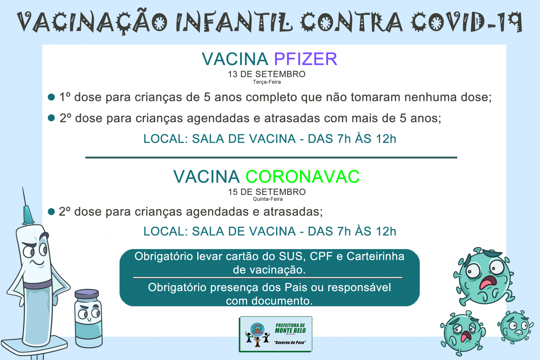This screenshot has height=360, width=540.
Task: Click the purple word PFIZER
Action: click(x=305, y=59)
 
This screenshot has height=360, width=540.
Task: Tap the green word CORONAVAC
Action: click(x=302, y=177)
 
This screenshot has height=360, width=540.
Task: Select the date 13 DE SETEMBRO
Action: click(x=267, y=74)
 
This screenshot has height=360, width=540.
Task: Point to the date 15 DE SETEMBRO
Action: click(x=267, y=192)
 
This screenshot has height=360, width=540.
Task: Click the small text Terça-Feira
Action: click(x=267, y=82)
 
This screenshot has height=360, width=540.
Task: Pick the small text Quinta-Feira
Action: click(x=268, y=199)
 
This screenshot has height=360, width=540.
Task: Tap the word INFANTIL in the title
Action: click(x=234, y=22)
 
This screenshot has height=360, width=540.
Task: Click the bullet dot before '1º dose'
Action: click(x=51, y=97)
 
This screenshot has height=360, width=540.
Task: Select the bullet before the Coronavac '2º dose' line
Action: click(x=51, y=212)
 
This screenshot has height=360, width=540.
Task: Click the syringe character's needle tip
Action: click(x=23, y=187)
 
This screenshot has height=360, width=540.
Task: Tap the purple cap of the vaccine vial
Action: click(x=87, y=294)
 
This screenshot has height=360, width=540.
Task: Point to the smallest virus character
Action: click(x=515, y=327)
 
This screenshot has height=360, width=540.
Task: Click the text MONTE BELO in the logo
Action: click(x=291, y=331)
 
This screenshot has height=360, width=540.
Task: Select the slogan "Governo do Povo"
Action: click(x=290, y=342)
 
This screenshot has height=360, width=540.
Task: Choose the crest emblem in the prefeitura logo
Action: click(x=258, y=330)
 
